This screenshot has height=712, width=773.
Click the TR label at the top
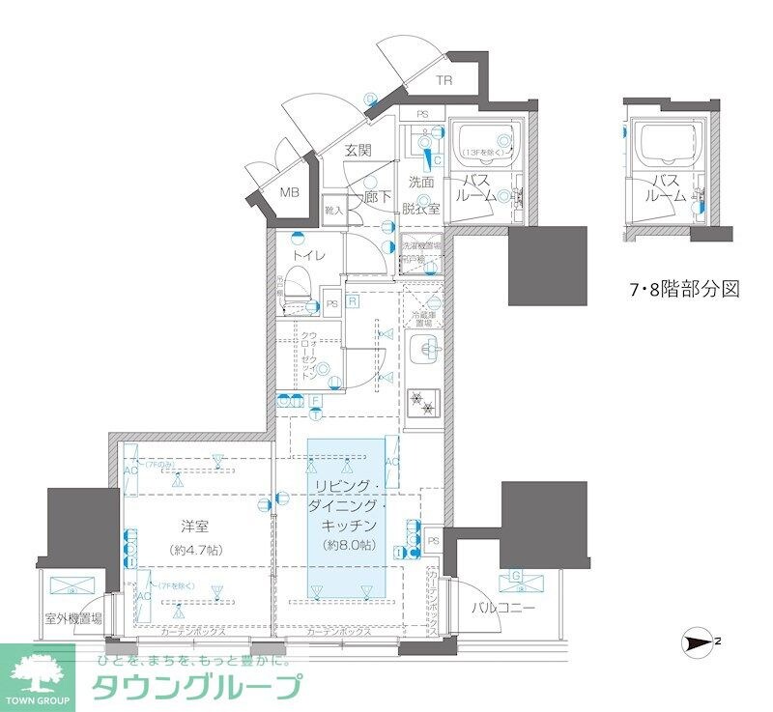(443, 81)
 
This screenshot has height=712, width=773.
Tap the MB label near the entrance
(290, 192)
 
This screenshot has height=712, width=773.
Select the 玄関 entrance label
(358, 150)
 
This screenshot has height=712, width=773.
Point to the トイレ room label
(307, 255)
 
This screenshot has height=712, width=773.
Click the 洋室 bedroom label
(195, 527)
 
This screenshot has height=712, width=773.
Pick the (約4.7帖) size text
(195, 550)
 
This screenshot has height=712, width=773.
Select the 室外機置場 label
(72, 618)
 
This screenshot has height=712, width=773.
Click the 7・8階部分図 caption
(684, 289)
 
